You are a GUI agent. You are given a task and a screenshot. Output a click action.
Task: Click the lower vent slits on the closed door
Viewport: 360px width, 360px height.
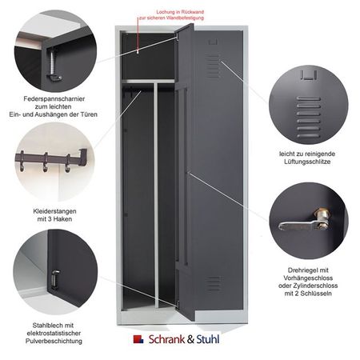pyautogui.click(x=215, y=284)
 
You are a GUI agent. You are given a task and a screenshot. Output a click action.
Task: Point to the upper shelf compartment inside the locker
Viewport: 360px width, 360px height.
pyautogui.click(x=148, y=56)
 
